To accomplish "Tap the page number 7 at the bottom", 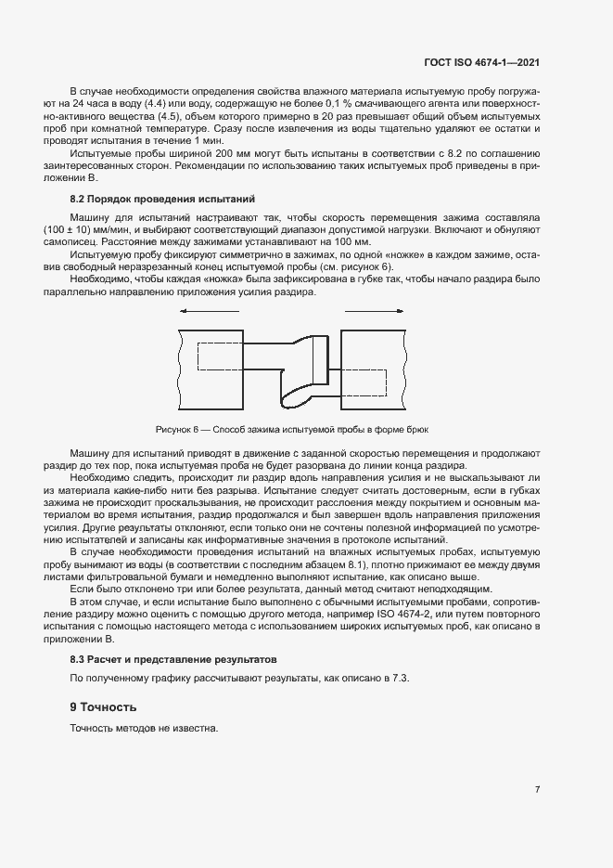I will (537, 789).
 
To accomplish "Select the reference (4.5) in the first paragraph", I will (169, 118).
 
